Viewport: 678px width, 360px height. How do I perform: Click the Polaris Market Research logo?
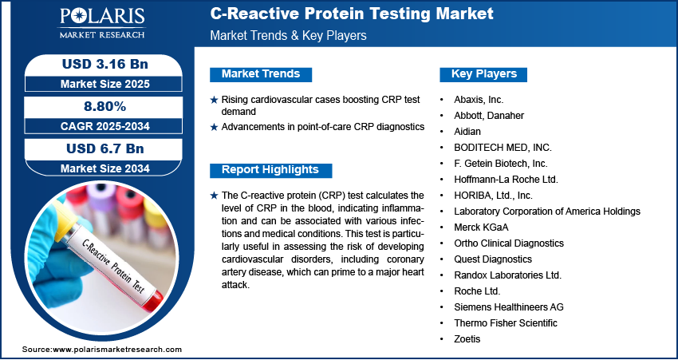point(102,23)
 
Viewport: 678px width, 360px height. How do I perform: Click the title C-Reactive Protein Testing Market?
point(352,14)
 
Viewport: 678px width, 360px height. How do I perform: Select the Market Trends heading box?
point(261,74)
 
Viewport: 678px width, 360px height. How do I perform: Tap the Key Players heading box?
point(483,74)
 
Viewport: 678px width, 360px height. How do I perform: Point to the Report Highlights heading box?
point(270,170)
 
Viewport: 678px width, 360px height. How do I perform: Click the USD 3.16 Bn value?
point(105,64)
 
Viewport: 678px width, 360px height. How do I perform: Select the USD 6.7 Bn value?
point(105,148)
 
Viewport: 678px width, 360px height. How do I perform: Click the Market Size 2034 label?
point(105,168)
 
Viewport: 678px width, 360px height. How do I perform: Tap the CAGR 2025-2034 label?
point(105,126)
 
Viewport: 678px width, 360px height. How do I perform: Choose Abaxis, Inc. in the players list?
point(479,100)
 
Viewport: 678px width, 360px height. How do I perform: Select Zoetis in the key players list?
point(467,338)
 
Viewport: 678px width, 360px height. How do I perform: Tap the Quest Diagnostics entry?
point(493,259)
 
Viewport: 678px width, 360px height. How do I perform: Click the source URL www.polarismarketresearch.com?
point(117,350)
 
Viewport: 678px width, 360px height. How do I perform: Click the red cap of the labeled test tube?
point(153,301)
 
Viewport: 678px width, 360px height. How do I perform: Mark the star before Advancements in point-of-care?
point(214,127)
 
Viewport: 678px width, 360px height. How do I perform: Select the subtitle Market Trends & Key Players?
point(289,35)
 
